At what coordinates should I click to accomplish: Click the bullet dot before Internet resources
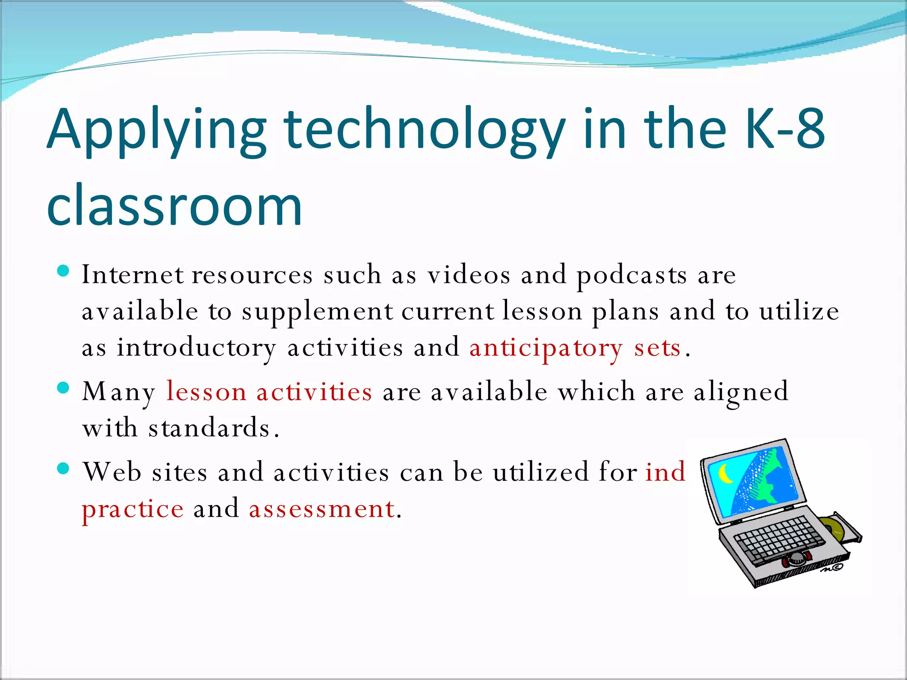point(64,271)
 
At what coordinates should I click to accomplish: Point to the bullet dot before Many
point(64,388)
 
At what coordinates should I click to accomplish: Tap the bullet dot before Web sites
point(64,468)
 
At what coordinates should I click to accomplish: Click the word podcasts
point(632,275)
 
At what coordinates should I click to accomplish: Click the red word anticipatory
point(546,348)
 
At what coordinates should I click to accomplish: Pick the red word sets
point(657,348)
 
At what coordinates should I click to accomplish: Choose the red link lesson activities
point(269,392)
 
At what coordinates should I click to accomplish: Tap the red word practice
point(132,509)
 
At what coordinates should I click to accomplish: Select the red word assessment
point(322,509)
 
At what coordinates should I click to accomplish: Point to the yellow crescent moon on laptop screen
point(725,475)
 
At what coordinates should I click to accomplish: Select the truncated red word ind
point(665,472)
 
